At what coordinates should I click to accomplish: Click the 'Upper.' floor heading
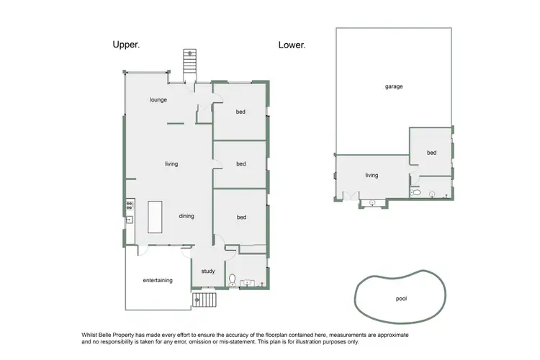click(126, 45)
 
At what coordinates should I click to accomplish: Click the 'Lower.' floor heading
click(292, 45)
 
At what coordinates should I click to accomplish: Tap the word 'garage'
click(393, 86)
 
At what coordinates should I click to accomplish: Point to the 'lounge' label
click(158, 99)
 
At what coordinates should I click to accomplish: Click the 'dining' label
click(186, 216)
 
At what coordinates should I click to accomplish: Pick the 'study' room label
click(208, 271)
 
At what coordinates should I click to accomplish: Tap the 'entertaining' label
click(157, 280)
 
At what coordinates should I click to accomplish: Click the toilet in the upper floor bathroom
click(232, 280)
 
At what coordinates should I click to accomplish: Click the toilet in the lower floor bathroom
click(415, 193)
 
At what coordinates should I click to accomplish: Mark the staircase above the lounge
click(189, 60)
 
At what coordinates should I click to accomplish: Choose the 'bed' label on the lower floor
click(431, 153)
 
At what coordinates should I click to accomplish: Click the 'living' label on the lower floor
click(372, 175)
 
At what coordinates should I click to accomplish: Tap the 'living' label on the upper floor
click(171, 164)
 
